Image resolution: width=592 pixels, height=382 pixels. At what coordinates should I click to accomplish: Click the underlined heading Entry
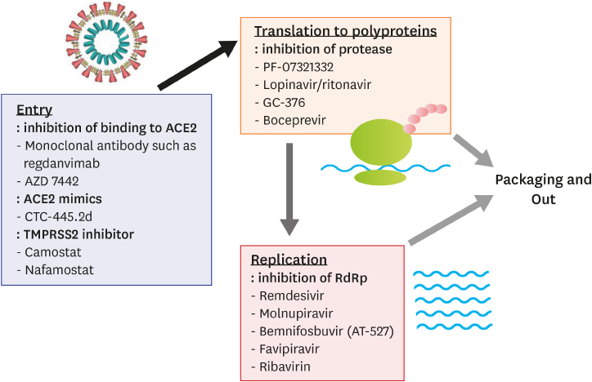click(34, 109)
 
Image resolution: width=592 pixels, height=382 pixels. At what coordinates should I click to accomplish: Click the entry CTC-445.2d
click(58, 216)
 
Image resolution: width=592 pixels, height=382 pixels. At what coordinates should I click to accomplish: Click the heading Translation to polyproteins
click(345, 32)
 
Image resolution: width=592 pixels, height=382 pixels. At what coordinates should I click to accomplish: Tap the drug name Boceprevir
click(294, 120)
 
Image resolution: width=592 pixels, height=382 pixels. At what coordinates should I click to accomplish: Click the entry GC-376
click(286, 102)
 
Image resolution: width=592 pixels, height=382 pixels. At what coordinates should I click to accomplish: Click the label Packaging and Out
click(543, 189)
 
